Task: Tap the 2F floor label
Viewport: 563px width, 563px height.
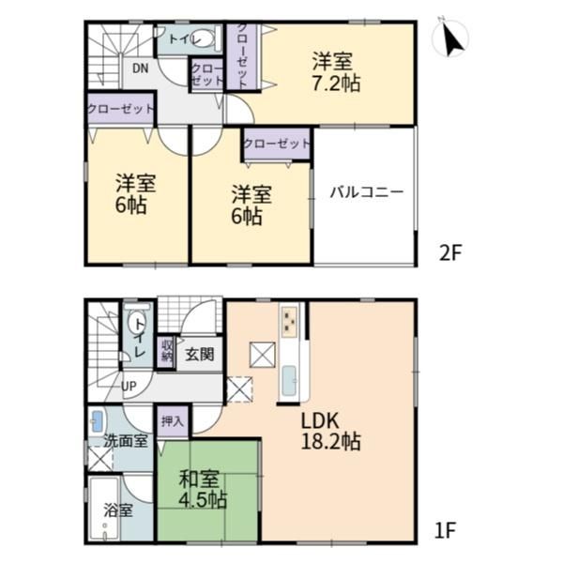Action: [450, 252]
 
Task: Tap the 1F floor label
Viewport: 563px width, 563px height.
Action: [445, 530]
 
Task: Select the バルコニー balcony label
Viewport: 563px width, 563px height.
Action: [367, 192]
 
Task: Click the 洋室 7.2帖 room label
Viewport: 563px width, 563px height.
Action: [336, 72]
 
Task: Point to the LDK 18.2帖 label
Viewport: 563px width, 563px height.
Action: [330, 432]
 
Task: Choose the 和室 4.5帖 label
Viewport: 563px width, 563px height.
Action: [203, 489]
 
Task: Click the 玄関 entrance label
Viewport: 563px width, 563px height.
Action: [200, 355]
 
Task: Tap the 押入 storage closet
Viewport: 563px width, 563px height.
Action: [173, 420]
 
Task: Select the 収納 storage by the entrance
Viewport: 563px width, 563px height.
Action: [167, 352]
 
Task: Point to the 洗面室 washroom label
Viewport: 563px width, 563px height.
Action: [126, 441]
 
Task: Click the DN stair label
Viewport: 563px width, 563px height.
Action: [141, 68]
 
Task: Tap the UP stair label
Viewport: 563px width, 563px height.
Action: [129, 387]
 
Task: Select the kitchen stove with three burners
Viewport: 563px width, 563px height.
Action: [289, 321]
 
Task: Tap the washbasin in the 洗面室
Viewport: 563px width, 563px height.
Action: [98, 420]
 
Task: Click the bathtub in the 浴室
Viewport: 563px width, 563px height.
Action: [104, 509]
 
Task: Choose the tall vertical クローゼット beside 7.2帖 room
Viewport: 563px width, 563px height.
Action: [242, 55]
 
